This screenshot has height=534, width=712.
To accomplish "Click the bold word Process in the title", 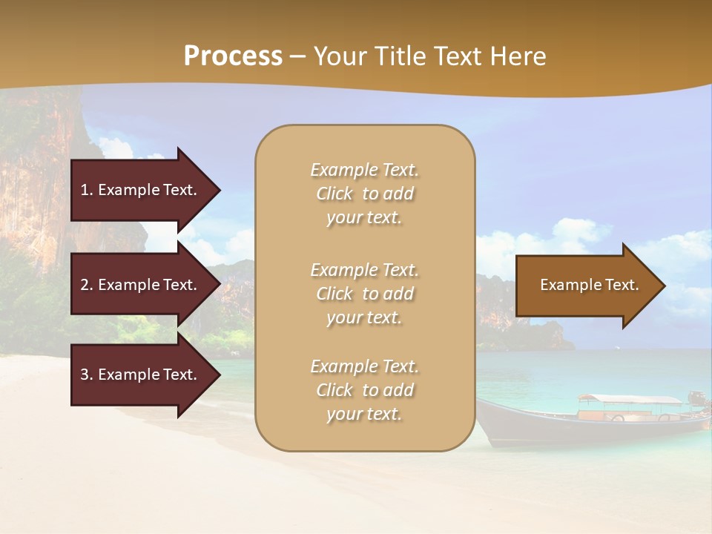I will (x=233, y=56).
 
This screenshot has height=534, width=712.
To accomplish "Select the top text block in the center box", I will (x=364, y=194).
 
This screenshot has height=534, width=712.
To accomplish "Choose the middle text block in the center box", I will (x=364, y=294).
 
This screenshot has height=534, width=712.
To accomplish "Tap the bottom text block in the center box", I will (x=364, y=390).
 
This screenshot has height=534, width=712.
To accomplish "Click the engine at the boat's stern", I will (x=696, y=398).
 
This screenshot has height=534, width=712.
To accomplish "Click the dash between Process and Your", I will (x=297, y=57).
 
